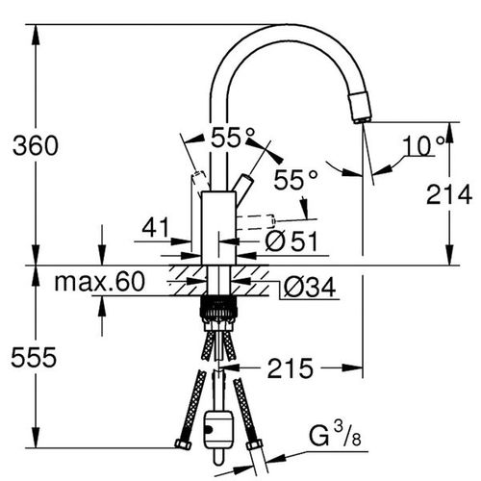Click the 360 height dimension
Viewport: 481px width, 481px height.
pos(36,146)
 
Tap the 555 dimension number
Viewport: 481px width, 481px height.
pos(34,358)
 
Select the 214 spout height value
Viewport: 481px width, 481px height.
pos(449,194)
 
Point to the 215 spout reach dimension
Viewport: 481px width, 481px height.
pos(291,368)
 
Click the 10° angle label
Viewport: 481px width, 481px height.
pos(424,146)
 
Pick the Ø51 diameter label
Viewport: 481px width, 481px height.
pos(291,240)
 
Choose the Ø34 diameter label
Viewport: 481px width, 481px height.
pos(310,287)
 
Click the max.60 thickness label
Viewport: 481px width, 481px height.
pos(100,282)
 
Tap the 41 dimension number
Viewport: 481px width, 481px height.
pos(156,227)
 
